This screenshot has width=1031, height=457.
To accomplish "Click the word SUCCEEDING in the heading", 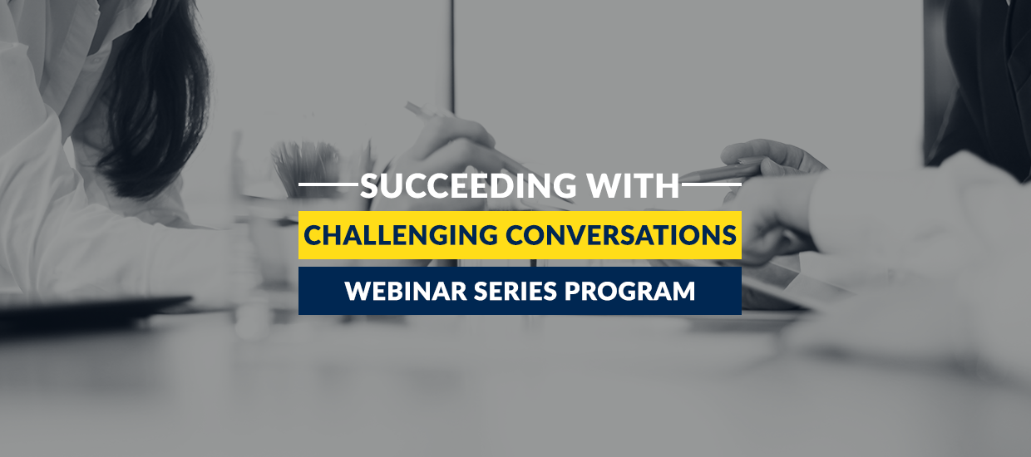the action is click(x=468, y=185).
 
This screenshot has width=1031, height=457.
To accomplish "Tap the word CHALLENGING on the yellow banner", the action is click(x=401, y=235).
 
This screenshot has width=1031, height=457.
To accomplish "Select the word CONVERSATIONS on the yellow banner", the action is click(x=621, y=235).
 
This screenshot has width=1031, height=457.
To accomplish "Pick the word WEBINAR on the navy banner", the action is click(x=406, y=291).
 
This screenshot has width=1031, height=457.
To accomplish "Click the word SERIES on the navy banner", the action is click(x=515, y=291).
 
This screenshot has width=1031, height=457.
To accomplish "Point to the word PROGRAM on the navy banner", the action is click(x=629, y=291).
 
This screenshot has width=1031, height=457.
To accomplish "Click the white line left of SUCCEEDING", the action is click(x=328, y=184).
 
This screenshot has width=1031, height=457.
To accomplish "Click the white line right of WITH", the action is click(x=712, y=184).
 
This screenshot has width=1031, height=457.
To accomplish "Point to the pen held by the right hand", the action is click(x=723, y=171).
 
